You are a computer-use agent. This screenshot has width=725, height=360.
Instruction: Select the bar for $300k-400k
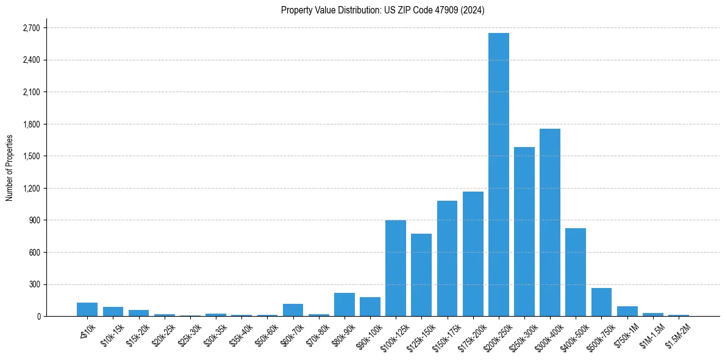(x=550, y=223)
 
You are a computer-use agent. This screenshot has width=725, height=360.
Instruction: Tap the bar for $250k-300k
(x=524, y=232)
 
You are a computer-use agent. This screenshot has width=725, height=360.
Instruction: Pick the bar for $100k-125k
(x=396, y=268)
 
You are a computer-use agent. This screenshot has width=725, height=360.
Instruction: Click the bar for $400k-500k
(x=576, y=272)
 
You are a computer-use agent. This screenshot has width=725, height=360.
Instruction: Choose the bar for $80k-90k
(x=345, y=304)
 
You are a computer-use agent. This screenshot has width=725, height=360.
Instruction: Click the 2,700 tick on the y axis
(x=31, y=28)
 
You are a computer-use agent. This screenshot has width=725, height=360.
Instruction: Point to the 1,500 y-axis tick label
(x=31, y=156)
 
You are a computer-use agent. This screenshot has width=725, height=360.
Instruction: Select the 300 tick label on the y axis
(x=35, y=284)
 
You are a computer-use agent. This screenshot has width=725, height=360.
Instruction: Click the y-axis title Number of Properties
(x=9, y=167)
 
